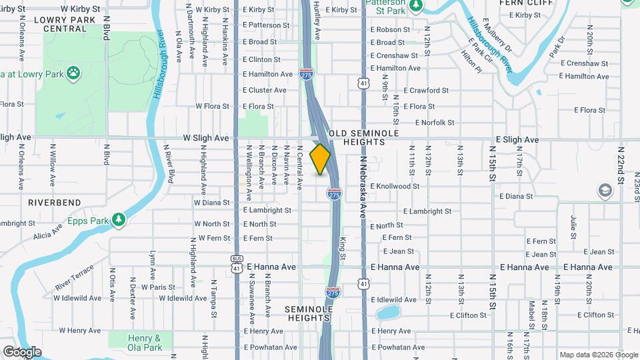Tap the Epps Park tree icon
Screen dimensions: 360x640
click(x=119, y=219)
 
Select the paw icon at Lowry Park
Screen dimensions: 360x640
click(x=73, y=72)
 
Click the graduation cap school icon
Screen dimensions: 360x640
click(x=605, y=191)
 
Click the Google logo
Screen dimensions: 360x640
click(x=22, y=352)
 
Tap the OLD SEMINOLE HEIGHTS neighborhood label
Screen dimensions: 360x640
click(x=364, y=137)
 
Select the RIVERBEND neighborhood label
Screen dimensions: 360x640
click(x=55, y=202)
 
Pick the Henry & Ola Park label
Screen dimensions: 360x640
click(x=145, y=343)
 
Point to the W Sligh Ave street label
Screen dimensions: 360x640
click(x=206, y=139)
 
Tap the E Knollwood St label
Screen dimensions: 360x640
click(x=395, y=187)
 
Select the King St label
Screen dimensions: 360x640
click(x=343, y=248)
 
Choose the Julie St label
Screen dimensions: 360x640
click(x=573, y=227)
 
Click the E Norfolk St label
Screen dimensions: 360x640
click(x=435, y=123)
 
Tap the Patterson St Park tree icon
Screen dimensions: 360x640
click(x=416, y=5)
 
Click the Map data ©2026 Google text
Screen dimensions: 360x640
click(x=597, y=355)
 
